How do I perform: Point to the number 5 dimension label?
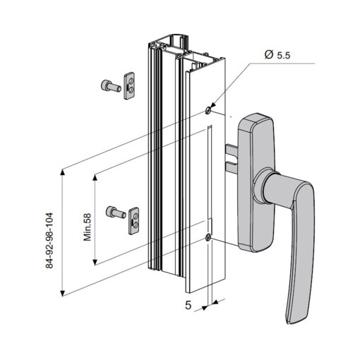click(x=188, y=306)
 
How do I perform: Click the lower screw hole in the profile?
click(x=207, y=238)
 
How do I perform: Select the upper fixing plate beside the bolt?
click(x=129, y=85)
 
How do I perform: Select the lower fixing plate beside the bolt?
click(x=136, y=220)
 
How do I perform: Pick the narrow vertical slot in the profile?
click(x=210, y=173)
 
